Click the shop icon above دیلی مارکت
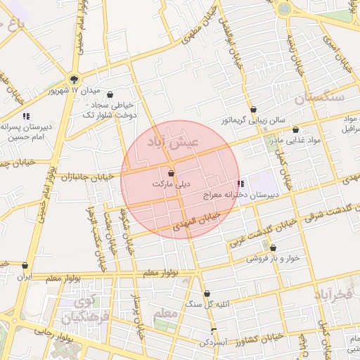point(171,172)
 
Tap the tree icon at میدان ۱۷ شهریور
point(74,79)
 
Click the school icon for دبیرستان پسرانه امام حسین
point(26,116)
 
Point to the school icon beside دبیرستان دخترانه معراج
point(242,184)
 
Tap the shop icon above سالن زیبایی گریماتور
point(253,110)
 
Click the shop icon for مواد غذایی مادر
point(295,130)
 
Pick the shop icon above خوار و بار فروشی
point(273,247)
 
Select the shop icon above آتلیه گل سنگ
point(207,294)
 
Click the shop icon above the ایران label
point(25,266)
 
